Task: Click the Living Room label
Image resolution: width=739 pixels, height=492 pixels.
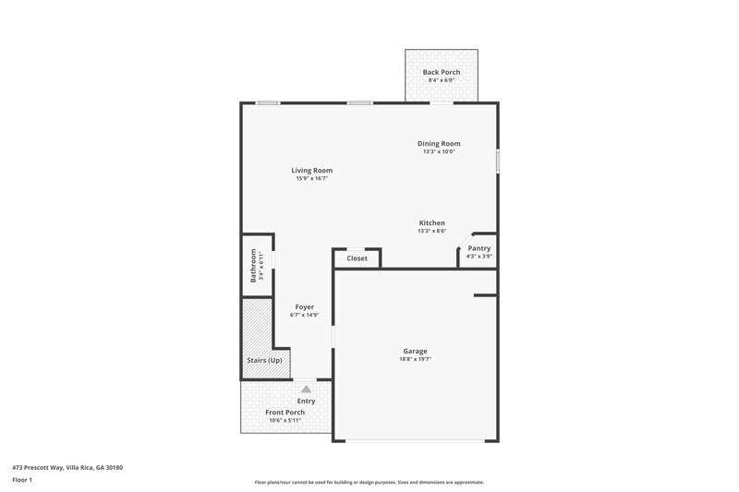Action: [x=311, y=170]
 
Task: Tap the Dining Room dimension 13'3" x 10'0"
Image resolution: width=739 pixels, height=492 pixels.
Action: [x=439, y=151]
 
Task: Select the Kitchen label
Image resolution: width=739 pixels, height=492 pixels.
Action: [x=431, y=223]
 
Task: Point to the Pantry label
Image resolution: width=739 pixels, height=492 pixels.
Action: [x=479, y=248]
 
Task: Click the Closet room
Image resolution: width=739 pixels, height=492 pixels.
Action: [x=357, y=258]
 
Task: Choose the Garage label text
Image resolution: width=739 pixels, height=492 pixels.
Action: [x=415, y=351]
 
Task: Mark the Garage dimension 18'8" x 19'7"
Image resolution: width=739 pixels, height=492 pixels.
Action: [x=415, y=359]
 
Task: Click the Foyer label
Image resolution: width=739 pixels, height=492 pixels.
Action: [x=304, y=306]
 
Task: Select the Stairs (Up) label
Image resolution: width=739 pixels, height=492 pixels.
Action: [x=264, y=360]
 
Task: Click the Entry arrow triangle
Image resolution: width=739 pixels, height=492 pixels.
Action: [x=307, y=390]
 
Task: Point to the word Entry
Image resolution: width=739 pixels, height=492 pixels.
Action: [x=307, y=401]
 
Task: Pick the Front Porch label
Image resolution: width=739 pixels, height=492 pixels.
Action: [x=285, y=412]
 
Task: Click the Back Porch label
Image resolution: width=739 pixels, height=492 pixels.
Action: [x=441, y=72]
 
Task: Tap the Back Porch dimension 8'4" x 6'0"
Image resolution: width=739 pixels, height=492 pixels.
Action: [x=441, y=80]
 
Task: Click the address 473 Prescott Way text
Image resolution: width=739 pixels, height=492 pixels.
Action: [x=67, y=467]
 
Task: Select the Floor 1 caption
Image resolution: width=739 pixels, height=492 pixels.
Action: [x=23, y=480]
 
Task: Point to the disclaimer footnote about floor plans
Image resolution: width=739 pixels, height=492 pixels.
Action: [x=369, y=481]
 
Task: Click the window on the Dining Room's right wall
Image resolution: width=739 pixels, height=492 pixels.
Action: [x=498, y=160]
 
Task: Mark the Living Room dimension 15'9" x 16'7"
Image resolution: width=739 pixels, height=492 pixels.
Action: [x=311, y=178]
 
